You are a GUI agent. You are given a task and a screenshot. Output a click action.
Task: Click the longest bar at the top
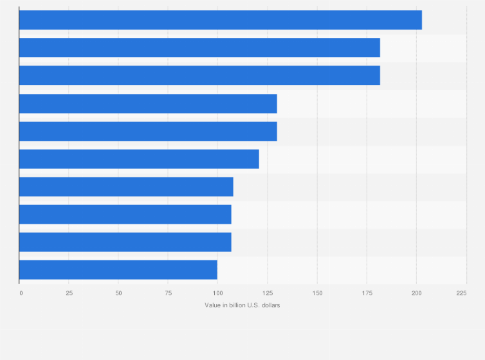(x=221, y=20)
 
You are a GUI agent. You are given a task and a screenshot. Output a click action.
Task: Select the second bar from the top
(x=199, y=48)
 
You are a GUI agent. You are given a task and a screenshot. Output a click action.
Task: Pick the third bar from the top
(x=199, y=75)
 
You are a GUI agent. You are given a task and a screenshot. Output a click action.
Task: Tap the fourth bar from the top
(x=148, y=104)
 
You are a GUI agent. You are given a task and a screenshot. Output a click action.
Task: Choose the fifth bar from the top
(x=148, y=131)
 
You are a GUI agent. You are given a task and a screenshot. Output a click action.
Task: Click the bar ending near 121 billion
(x=139, y=159)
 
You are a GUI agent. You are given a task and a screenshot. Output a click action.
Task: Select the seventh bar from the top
(x=126, y=186)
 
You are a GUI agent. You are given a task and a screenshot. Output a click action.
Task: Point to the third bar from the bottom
(x=125, y=214)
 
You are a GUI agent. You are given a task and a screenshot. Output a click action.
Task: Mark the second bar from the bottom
(x=125, y=242)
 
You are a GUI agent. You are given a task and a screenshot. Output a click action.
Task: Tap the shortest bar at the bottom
(x=118, y=270)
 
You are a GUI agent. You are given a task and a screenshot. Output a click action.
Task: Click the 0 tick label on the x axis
(x=21, y=293)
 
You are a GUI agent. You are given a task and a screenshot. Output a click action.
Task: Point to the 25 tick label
(x=69, y=293)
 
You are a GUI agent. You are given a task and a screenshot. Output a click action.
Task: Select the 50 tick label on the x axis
(x=118, y=293)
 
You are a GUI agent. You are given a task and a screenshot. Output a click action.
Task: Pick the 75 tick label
(x=168, y=293)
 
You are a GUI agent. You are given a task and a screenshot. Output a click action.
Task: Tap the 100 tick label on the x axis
(x=217, y=293)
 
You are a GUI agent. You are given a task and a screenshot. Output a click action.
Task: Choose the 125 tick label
(x=268, y=293)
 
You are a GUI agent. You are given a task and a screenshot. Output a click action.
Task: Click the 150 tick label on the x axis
(x=317, y=293)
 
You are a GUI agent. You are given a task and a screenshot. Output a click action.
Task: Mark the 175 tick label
(x=367, y=293)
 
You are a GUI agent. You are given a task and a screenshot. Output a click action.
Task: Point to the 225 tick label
(x=462, y=293)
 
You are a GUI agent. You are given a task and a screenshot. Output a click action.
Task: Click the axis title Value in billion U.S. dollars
(x=243, y=305)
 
